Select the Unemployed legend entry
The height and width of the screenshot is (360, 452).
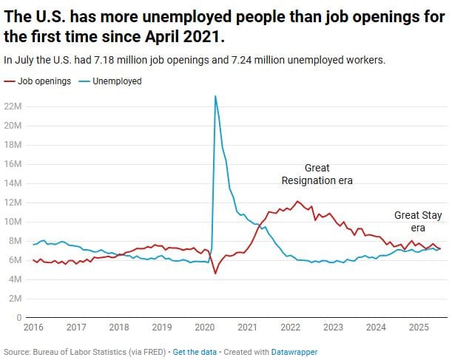pos(116,81)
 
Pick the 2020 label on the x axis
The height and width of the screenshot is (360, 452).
pos(205,327)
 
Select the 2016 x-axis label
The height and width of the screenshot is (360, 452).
pos(33,327)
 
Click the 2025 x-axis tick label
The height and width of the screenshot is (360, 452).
pos(419,327)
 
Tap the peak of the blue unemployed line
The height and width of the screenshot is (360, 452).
pos(215,96)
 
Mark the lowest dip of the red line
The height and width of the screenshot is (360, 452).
pos(215,274)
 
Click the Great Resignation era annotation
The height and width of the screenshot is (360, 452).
pos(317,174)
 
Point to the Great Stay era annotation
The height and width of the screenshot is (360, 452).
pos(418,221)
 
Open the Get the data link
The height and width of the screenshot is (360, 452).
pos(195,352)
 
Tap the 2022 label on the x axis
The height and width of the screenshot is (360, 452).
pos(291,327)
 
